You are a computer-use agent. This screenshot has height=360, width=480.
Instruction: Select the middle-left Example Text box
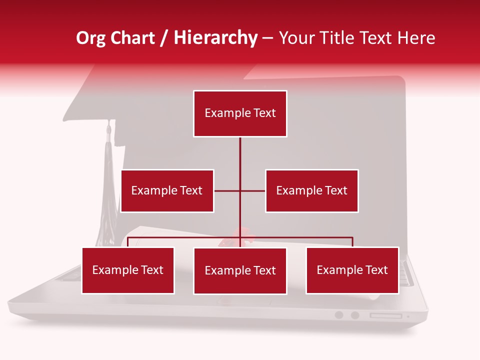[x=167, y=190]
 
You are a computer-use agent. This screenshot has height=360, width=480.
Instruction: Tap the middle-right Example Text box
[x=311, y=190]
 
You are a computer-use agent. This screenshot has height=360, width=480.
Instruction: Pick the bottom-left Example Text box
[x=128, y=270]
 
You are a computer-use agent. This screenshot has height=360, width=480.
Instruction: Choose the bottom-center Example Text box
[x=240, y=270]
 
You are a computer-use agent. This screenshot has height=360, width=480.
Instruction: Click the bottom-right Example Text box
[x=352, y=270]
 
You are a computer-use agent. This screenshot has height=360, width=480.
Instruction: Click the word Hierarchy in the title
[x=215, y=38]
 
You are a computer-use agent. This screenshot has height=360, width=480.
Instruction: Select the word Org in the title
[x=90, y=38]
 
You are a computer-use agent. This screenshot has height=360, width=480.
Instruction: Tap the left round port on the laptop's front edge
[x=339, y=315]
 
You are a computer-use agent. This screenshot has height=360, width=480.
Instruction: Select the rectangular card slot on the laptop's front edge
[x=385, y=315]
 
